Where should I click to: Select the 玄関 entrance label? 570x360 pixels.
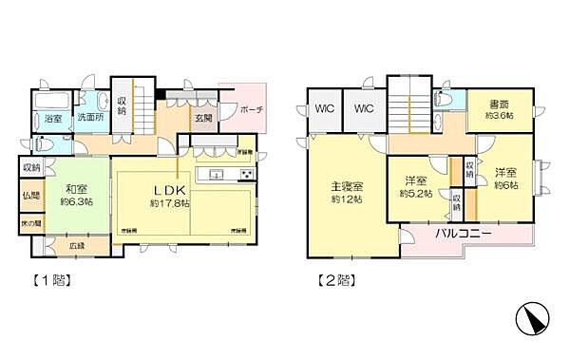tap(204, 118)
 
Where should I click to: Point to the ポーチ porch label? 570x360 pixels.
tap(252, 109)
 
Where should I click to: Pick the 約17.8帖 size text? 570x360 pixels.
tap(169, 203)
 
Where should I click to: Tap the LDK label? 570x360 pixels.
tap(169, 188)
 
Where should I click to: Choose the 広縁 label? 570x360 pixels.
tap(77, 246)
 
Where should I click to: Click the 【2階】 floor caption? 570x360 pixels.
tap(333, 280)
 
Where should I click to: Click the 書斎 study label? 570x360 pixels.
tap(501, 104)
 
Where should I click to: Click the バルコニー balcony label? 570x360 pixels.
tap(463, 233)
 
